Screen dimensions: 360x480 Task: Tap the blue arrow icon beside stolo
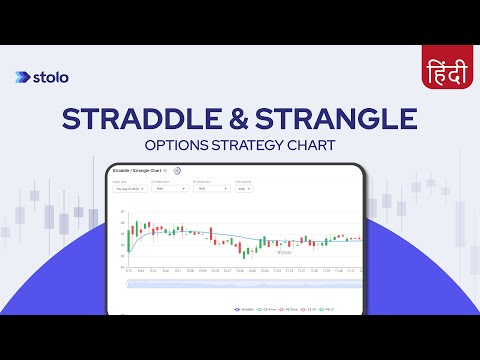tap(23, 77)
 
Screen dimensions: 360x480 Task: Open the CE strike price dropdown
tap(169, 187)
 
